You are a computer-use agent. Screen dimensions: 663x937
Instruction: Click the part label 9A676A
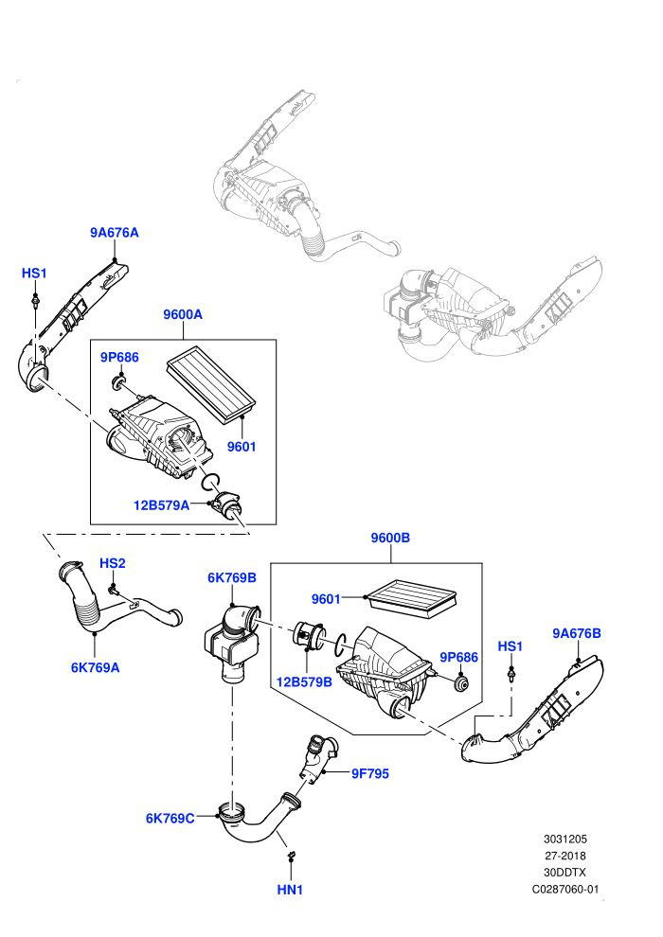click(x=115, y=233)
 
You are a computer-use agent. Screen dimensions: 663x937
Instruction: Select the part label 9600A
click(x=183, y=314)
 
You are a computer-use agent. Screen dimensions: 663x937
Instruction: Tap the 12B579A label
click(x=161, y=505)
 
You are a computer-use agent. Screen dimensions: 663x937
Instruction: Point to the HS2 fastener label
click(x=113, y=563)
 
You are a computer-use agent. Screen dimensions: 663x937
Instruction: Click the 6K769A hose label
click(x=95, y=667)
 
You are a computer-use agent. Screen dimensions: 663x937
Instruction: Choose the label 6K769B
click(x=232, y=578)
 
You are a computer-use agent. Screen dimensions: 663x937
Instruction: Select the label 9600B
click(x=390, y=538)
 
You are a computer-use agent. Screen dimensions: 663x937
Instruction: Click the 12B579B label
click(x=304, y=681)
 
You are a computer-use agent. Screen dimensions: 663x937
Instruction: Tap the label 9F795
click(x=370, y=774)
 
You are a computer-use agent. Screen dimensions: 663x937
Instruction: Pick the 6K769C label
click(x=170, y=819)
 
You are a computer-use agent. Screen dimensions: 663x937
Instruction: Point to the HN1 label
click(x=290, y=890)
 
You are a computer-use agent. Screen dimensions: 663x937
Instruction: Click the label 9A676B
click(x=576, y=633)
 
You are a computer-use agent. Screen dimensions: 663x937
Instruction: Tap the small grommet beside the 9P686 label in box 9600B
click(x=461, y=683)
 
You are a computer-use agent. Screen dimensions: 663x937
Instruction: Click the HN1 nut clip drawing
click(x=291, y=857)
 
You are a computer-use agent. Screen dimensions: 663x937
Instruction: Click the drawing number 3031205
click(x=564, y=839)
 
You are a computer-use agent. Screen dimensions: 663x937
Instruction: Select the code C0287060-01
click(x=564, y=889)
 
